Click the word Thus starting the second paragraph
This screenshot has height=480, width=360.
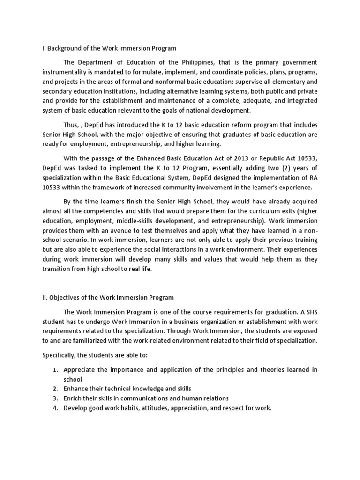(x=71, y=125)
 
